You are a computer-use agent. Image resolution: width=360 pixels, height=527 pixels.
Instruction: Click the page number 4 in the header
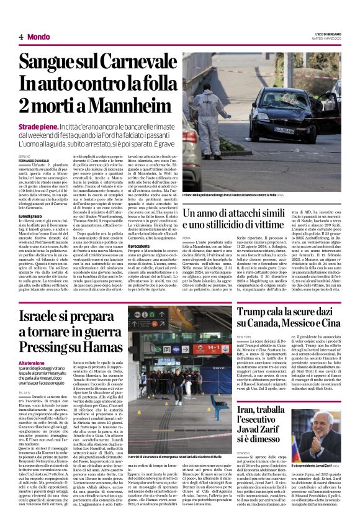click(20, 37)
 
